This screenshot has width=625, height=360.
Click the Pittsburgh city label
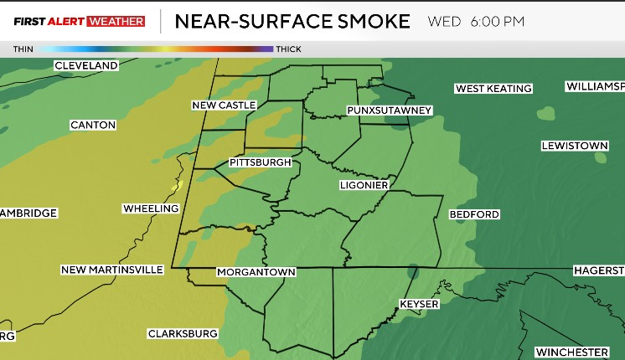point(260,162)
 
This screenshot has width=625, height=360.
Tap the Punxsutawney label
point(389,111)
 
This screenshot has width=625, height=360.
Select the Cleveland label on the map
point(85,65)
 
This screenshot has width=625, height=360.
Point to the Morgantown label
point(256,272)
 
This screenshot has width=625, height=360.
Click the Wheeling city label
point(151,208)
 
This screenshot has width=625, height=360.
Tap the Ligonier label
point(364,184)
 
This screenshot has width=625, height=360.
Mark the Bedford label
point(474,214)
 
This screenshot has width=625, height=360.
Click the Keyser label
point(419,304)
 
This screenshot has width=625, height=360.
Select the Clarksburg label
point(183,333)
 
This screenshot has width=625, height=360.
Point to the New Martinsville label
point(111,270)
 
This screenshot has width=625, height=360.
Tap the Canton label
point(93,125)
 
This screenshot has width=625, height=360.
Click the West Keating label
point(493,89)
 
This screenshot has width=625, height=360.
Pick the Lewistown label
point(574,146)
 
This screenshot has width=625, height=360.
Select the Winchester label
point(571,352)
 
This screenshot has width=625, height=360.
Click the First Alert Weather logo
point(79,21)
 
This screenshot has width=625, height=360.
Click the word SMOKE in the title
point(364,21)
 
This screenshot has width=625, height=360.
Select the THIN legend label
point(23,49)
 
